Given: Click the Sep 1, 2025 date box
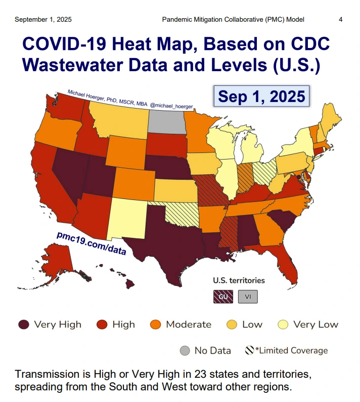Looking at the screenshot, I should pos(261,95).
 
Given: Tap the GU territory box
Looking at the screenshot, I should pos(223,296).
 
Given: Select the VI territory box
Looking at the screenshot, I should pos(248,296).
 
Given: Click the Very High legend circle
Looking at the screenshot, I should pos(23,324).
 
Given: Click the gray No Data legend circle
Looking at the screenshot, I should pos(185,350).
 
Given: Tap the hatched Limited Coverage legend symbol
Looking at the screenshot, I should pos(249,350).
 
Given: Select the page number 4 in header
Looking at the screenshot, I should pos(341,20).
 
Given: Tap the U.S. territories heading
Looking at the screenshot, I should pos(239,280).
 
